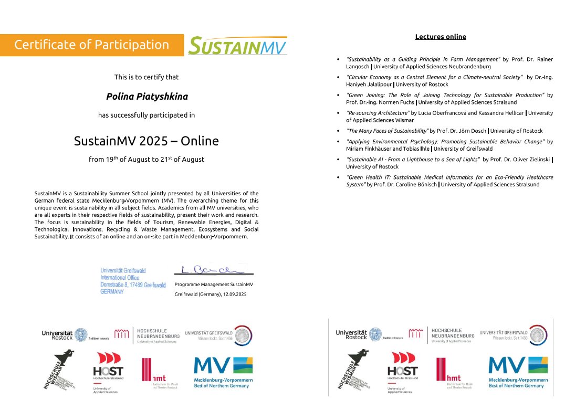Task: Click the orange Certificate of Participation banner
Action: (92, 45)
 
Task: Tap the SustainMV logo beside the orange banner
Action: (238, 46)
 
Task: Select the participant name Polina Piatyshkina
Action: (146, 97)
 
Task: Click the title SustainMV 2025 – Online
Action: (146, 141)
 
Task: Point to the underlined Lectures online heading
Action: (441, 37)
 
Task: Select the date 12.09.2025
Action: (233, 295)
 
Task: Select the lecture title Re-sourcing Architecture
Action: (378, 113)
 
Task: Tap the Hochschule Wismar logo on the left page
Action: (58, 370)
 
